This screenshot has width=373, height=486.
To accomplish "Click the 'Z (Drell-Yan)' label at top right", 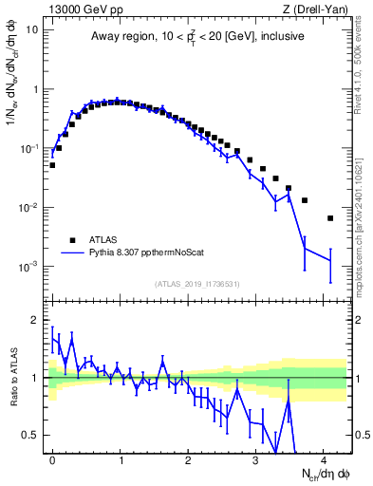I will click(x=319, y=9).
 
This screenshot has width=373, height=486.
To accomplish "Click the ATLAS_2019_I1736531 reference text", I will click(x=198, y=284).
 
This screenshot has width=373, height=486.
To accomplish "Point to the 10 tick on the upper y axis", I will click(x=32, y=29).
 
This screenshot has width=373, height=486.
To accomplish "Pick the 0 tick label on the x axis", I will click(x=52, y=459).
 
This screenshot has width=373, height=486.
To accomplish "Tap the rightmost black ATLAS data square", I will click(x=330, y=218).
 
